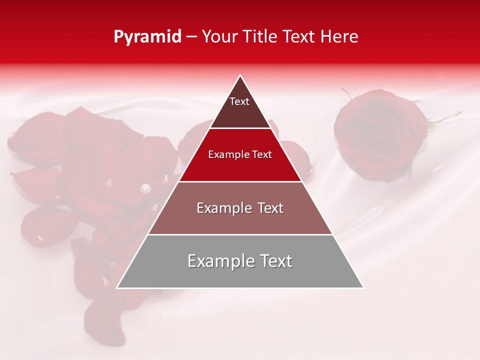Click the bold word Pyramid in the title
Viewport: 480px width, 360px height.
pyautogui.click(x=147, y=37)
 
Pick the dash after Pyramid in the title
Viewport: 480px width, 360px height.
pyautogui.click(x=191, y=37)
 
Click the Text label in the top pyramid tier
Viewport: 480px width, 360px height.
pyautogui.click(x=239, y=101)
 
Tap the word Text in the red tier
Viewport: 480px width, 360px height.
pyautogui.click(x=262, y=154)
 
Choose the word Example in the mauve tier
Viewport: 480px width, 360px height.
pyautogui.click(x=223, y=208)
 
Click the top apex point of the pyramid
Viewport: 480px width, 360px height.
pyautogui.click(x=240, y=75)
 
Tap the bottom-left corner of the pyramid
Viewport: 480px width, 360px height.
pyautogui.click(x=117, y=288)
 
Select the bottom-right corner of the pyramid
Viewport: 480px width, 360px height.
pyautogui.click(x=363, y=288)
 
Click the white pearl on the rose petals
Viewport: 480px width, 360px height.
pyautogui.click(x=145, y=188)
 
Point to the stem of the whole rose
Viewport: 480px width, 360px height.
pyautogui.click(x=445, y=120)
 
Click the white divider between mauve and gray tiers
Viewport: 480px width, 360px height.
pyautogui.click(x=240, y=234)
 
